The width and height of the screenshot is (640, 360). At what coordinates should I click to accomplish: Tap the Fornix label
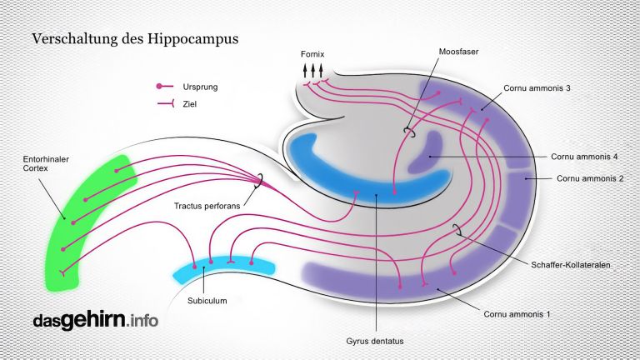(x=313, y=54)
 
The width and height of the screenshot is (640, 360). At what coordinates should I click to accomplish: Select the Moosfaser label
(x=457, y=51)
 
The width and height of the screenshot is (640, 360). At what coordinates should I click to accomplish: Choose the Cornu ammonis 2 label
(x=589, y=178)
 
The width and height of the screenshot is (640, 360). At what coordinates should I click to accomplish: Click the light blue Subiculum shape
(x=222, y=267)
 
